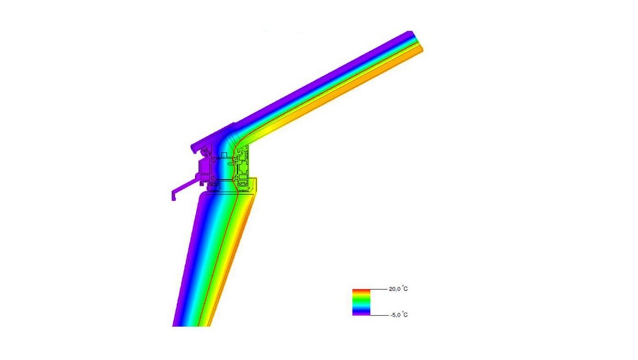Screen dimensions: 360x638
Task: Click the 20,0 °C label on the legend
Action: [398, 289]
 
